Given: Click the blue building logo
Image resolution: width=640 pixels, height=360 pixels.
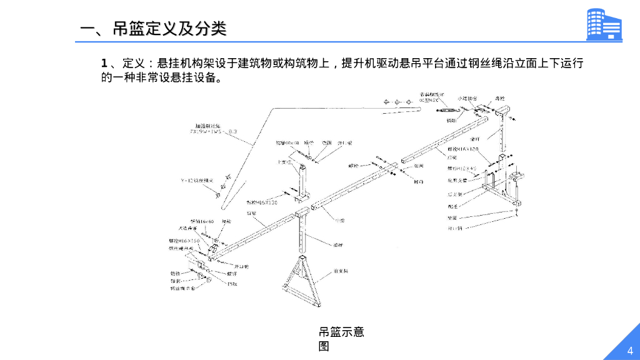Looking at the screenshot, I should coord(604,25).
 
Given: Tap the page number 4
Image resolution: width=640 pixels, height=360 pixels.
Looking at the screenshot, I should coord(629,349).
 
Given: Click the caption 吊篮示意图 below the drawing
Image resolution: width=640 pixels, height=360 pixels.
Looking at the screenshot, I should coord(341,338).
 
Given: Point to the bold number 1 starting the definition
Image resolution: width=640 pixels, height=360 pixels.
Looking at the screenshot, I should coord(105,64).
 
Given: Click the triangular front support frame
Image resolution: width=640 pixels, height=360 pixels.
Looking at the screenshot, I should coord(302,284).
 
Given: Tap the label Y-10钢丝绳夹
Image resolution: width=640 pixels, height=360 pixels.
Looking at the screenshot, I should coord(194,181).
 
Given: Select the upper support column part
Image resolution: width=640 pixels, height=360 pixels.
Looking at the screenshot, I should coord(302,181).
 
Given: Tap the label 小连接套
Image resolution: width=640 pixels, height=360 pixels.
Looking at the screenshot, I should coord(467,99).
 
